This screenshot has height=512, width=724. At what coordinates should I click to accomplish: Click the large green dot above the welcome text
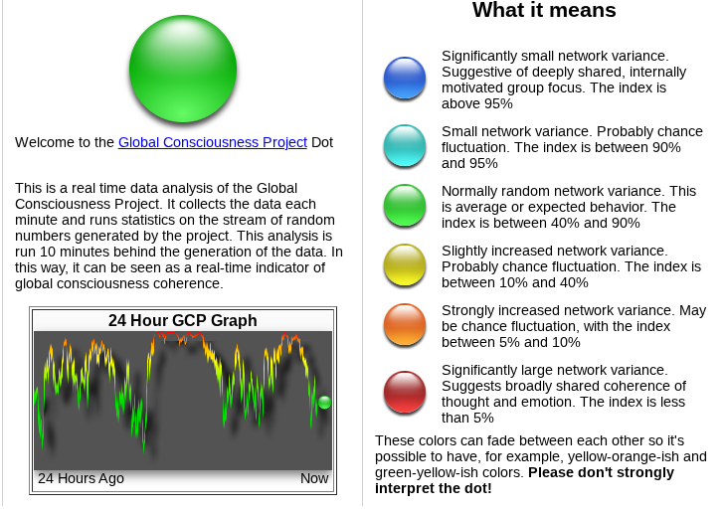point(183,69)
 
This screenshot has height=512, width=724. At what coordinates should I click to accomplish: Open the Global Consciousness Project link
point(213,142)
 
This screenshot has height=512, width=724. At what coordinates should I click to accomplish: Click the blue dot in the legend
point(405,78)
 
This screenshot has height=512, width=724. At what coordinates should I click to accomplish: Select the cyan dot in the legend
point(405,145)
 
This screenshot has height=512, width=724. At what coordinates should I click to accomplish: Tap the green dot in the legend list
point(405,206)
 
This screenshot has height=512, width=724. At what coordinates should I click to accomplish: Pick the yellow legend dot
point(405,265)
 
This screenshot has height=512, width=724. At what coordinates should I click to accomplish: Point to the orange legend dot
point(405,324)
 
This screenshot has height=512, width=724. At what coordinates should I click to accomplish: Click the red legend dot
point(405,393)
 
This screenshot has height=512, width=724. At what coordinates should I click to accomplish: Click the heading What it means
point(544,10)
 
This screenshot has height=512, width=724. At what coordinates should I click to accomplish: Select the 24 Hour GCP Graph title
point(182,320)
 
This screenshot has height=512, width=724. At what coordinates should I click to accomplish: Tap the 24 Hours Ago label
point(81,478)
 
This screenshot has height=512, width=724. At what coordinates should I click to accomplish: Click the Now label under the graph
point(314,478)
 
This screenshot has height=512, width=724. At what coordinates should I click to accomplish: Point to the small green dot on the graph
point(324,403)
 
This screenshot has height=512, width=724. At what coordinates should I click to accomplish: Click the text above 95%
point(477,103)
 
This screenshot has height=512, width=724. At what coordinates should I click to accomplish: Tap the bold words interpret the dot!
point(434,488)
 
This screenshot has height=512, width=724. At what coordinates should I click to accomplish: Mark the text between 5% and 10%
point(511,342)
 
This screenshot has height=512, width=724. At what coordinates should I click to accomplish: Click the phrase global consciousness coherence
point(119,283)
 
